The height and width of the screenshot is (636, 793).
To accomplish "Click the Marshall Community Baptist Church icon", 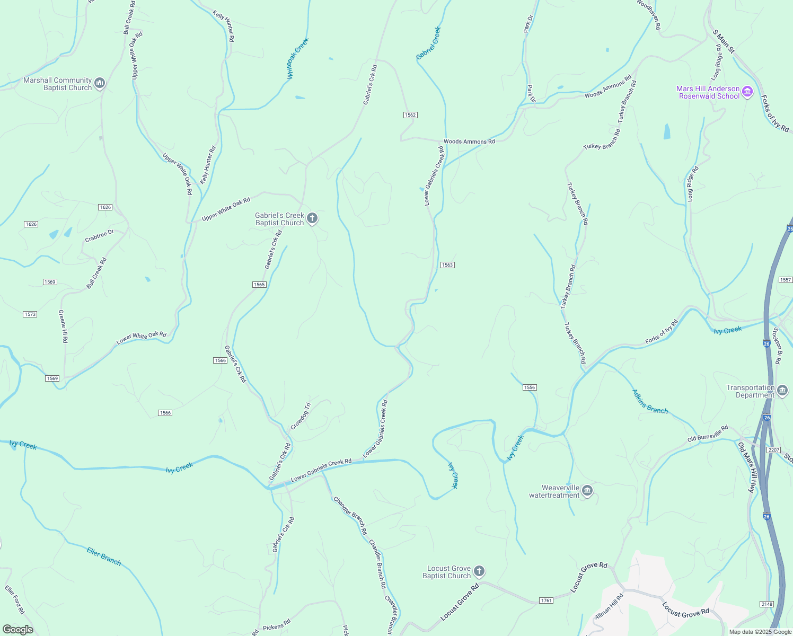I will tap(100, 83).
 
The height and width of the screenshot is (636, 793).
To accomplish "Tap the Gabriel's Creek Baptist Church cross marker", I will tap(312, 218).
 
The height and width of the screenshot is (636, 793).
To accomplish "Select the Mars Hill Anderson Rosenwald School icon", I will tap(748, 92).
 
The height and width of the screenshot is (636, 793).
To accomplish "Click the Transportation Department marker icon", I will tap(783, 391).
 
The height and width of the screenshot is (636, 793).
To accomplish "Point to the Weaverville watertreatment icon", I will tap(587, 491).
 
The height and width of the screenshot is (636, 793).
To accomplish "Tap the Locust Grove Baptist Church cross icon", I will tap(479, 571).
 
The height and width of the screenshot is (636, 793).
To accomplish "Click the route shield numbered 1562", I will tap(410, 115).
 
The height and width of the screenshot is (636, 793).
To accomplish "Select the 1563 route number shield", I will tap(447, 265).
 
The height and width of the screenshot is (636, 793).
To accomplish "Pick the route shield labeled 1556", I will tap(530, 387).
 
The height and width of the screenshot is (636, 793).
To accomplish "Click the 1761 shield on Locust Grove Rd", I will tap(546, 600).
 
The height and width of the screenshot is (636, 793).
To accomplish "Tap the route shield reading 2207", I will tap(774, 450).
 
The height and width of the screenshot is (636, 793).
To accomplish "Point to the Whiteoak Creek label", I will tap(297, 59).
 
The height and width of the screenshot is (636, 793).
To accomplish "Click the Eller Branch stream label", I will tap(104, 556).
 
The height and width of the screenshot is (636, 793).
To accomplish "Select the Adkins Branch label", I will tap(650, 401).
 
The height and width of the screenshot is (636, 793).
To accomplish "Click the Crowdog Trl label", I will tap(301, 416).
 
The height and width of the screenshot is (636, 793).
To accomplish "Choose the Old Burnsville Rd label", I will tap(708, 434).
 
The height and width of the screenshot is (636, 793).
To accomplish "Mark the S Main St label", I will tap(724, 41).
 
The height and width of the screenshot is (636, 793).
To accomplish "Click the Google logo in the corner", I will tap(18, 630).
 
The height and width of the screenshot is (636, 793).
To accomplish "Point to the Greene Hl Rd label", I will tap(63, 326).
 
